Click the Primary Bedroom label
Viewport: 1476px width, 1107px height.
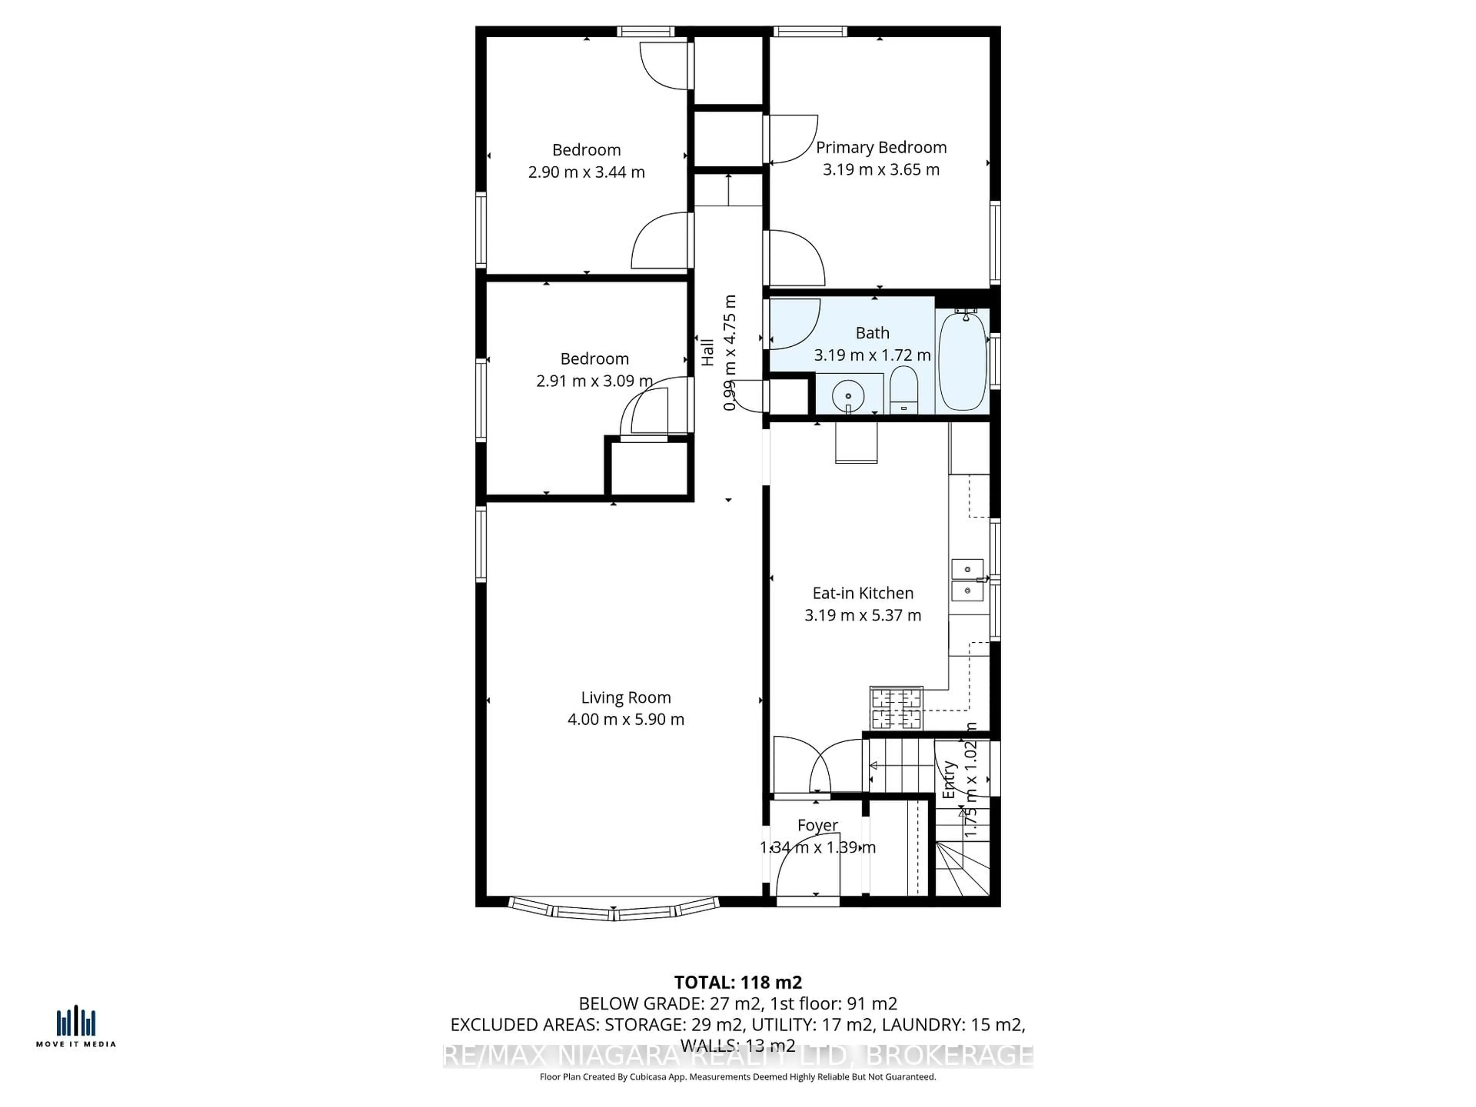coord(881,148)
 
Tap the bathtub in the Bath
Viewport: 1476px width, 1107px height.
coord(962,360)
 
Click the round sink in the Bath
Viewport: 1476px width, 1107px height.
coord(848,396)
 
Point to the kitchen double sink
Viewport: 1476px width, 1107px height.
coord(967,580)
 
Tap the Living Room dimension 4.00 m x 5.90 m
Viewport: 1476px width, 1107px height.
coord(625,719)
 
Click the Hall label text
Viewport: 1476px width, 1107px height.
coord(707,352)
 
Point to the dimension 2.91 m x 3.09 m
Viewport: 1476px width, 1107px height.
coord(594,381)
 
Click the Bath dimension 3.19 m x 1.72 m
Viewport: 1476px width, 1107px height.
coord(871,355)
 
